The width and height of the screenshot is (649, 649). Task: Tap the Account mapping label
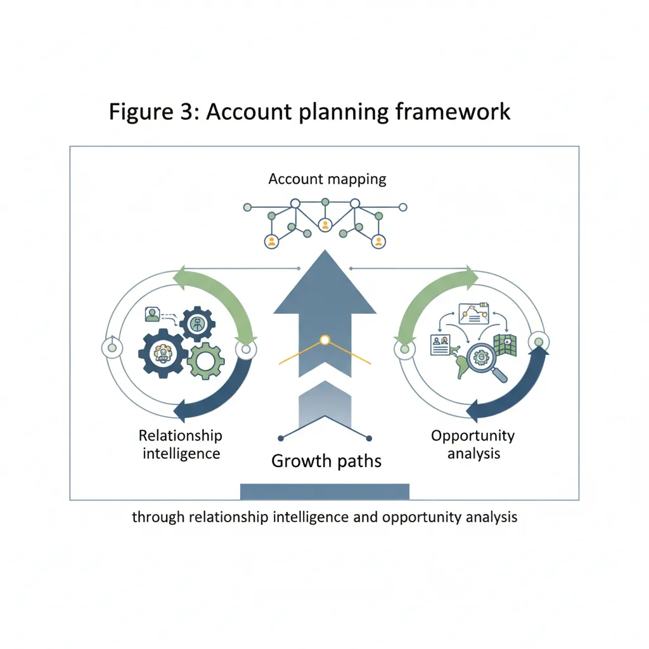point(327,179)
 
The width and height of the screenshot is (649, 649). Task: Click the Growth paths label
point(326,460)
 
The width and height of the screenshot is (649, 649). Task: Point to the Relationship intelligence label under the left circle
point(181,444)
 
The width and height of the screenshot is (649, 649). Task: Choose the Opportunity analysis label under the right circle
point(473,444)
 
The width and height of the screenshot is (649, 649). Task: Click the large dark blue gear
point(163,354)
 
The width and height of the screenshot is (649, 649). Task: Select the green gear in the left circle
point(206,361)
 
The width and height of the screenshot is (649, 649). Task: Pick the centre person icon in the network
point(325,225)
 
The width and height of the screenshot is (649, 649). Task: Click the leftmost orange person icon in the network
point(272,241)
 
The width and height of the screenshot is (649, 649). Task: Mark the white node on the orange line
point(325,340)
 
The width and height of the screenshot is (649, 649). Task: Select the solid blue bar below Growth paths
point(324,491)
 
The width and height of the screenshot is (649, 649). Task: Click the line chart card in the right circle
point(469,312)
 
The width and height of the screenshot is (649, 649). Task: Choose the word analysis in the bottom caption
point(491,517)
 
